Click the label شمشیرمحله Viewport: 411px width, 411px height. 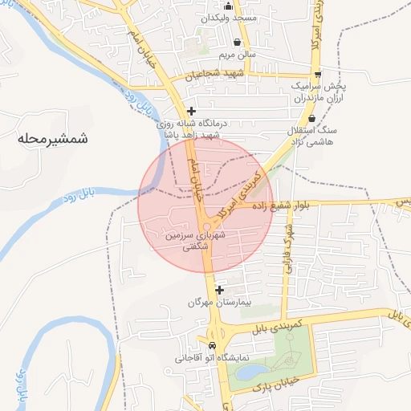pyautogui.click(x=50, y=139)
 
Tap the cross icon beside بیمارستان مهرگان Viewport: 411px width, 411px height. pyautogui.click(x=219, y=289)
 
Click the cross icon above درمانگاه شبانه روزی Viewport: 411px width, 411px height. pyautogui.click(x=190, y=111)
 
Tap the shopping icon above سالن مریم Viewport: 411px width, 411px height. pyautogui.click(x=237, y=43)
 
